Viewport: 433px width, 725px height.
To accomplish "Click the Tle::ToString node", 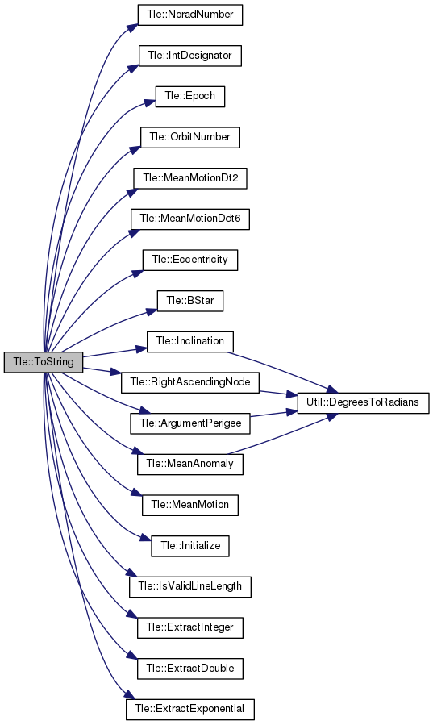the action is click(x=44, y=362).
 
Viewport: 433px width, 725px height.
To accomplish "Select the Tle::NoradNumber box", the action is click(x=190, y=15).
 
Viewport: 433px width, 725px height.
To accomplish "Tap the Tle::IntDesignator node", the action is click(x=190, y=56).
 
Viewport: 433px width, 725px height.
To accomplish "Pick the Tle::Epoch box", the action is click(x=190, y=96).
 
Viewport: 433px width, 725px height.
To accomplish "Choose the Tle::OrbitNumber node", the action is click(x=190, y=137).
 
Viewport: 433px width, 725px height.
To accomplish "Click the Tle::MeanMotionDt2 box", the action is click(x=190, y=178).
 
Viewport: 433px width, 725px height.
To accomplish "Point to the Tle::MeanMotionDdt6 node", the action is click(x=190, y=219).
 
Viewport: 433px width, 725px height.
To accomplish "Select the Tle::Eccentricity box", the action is click(x=190, y=260).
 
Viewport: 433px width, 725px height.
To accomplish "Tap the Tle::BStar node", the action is click(x=190, y=301).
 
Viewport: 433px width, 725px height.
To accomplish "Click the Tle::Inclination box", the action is click(x=190, y=342).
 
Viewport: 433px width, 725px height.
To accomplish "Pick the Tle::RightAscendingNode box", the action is click(x=190, y=382).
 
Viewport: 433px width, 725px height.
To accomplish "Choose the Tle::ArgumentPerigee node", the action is click(x=190, y=423).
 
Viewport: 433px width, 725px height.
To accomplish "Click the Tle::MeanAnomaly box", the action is click(x=190, y=464).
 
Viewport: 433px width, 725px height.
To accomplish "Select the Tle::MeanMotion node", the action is click(x=190, y=505).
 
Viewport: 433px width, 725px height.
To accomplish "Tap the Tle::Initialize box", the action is click(x=190, y=546).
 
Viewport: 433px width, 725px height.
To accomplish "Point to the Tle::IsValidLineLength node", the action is click(x=190, y=587).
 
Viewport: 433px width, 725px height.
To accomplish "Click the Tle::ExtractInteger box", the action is click(x=190, y=627).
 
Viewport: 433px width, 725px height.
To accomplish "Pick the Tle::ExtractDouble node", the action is click(x=190, y=669).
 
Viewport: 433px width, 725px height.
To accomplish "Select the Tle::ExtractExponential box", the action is click(x=190, y=710).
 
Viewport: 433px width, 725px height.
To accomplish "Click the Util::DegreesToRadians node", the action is click(x=363, y=402).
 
